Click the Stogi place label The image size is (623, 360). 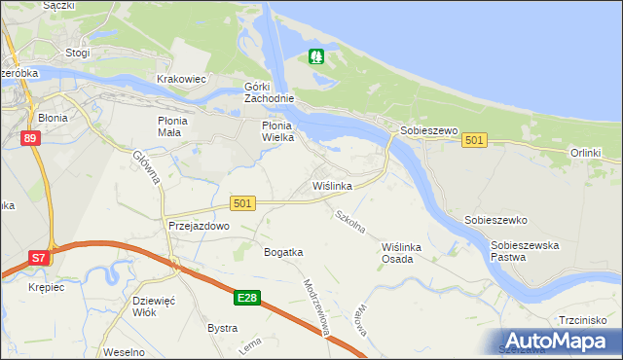[x=77, y=53]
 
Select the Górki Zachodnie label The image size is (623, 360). [x=268, y=91]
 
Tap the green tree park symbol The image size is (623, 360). [x=314, y=57]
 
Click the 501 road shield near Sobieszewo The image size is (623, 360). [x=474, y=141]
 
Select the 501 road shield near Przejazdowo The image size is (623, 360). [x=243, y=202]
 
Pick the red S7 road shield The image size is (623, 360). [x=37, y=258]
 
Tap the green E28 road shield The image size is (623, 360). [x=247, y=297]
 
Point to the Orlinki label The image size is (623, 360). [x=587, y=153]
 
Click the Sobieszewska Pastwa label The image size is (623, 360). [x=526, y=252]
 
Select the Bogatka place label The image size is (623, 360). [x=283, y=252]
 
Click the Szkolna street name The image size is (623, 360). [x=349, y=222]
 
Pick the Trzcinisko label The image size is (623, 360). [x=583, y=320]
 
